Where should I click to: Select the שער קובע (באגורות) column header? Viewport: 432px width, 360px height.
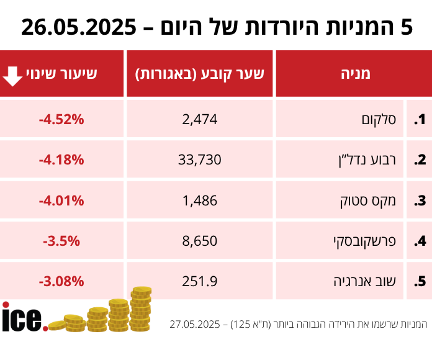200,74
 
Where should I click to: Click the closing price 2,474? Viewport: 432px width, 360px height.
200,119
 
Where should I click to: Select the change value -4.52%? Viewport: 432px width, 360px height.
61,119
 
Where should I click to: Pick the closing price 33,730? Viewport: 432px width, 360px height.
200,160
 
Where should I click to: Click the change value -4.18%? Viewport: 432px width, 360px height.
61,160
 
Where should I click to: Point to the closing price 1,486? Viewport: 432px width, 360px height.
200,200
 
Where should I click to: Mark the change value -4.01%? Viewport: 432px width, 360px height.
61,200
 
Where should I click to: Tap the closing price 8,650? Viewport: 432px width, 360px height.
200,241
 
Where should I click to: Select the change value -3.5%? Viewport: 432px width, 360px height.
61,241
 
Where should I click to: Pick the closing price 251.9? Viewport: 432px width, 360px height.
200,281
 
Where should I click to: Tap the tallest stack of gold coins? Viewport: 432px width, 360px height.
141,308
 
